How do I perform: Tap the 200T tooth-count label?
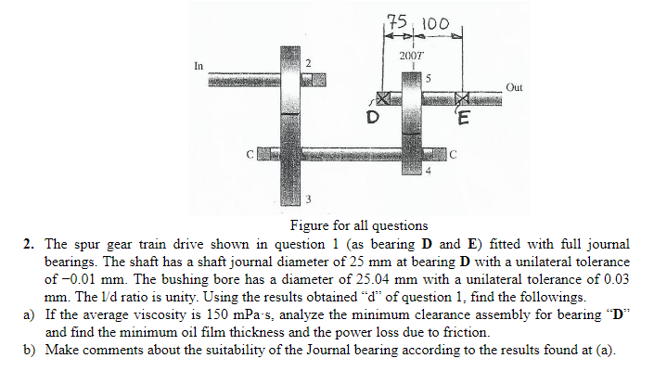(411, 57)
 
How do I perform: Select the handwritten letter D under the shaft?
(372, 119)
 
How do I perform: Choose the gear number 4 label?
(428, 173)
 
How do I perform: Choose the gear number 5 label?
(428, 78)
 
